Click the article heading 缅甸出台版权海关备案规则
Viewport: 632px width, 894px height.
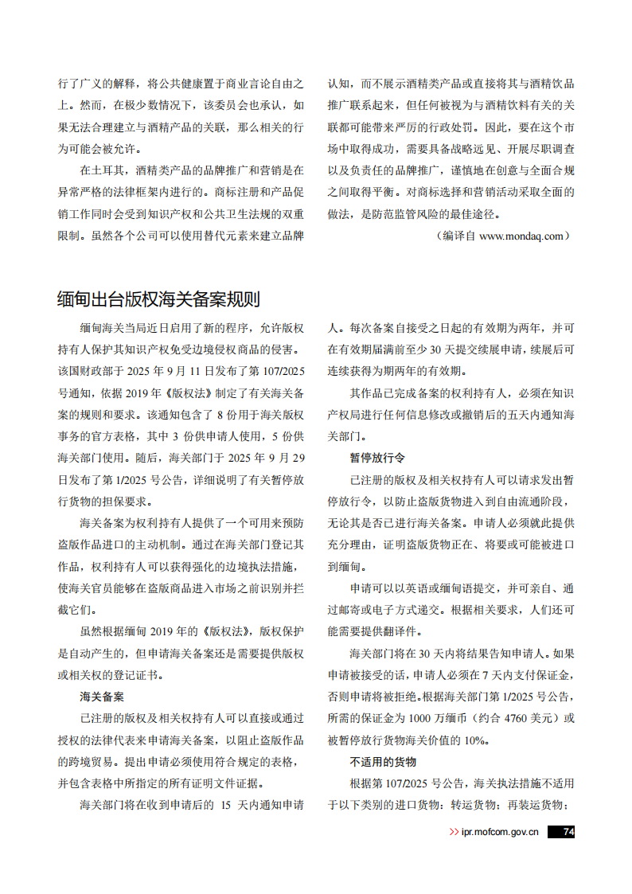[158, 299]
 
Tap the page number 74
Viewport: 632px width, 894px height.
[568, 832]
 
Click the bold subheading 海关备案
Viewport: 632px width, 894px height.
[101, 696]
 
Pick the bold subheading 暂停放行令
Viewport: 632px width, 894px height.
[377, 458]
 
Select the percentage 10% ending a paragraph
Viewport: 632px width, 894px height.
[474, 740]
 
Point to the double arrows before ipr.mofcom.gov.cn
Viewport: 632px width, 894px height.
[454, 832]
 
